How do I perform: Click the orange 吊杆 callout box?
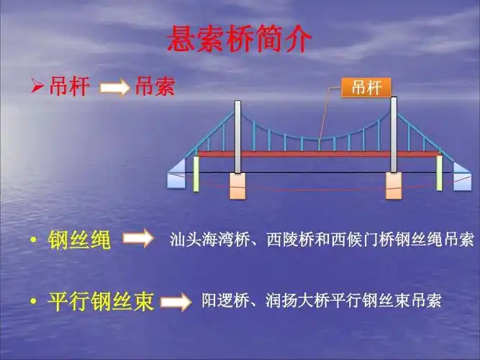[366, 88]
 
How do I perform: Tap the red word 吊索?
[155, 88]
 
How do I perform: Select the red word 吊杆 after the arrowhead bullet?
[70, 88]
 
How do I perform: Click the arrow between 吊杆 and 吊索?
[114, 89]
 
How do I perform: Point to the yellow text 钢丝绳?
[80, 240]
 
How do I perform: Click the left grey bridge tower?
[237, 137]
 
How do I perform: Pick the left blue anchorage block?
[176, 176]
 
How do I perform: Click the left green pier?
[196, 174]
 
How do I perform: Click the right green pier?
[440, 174]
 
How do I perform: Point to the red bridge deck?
[317, 153]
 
